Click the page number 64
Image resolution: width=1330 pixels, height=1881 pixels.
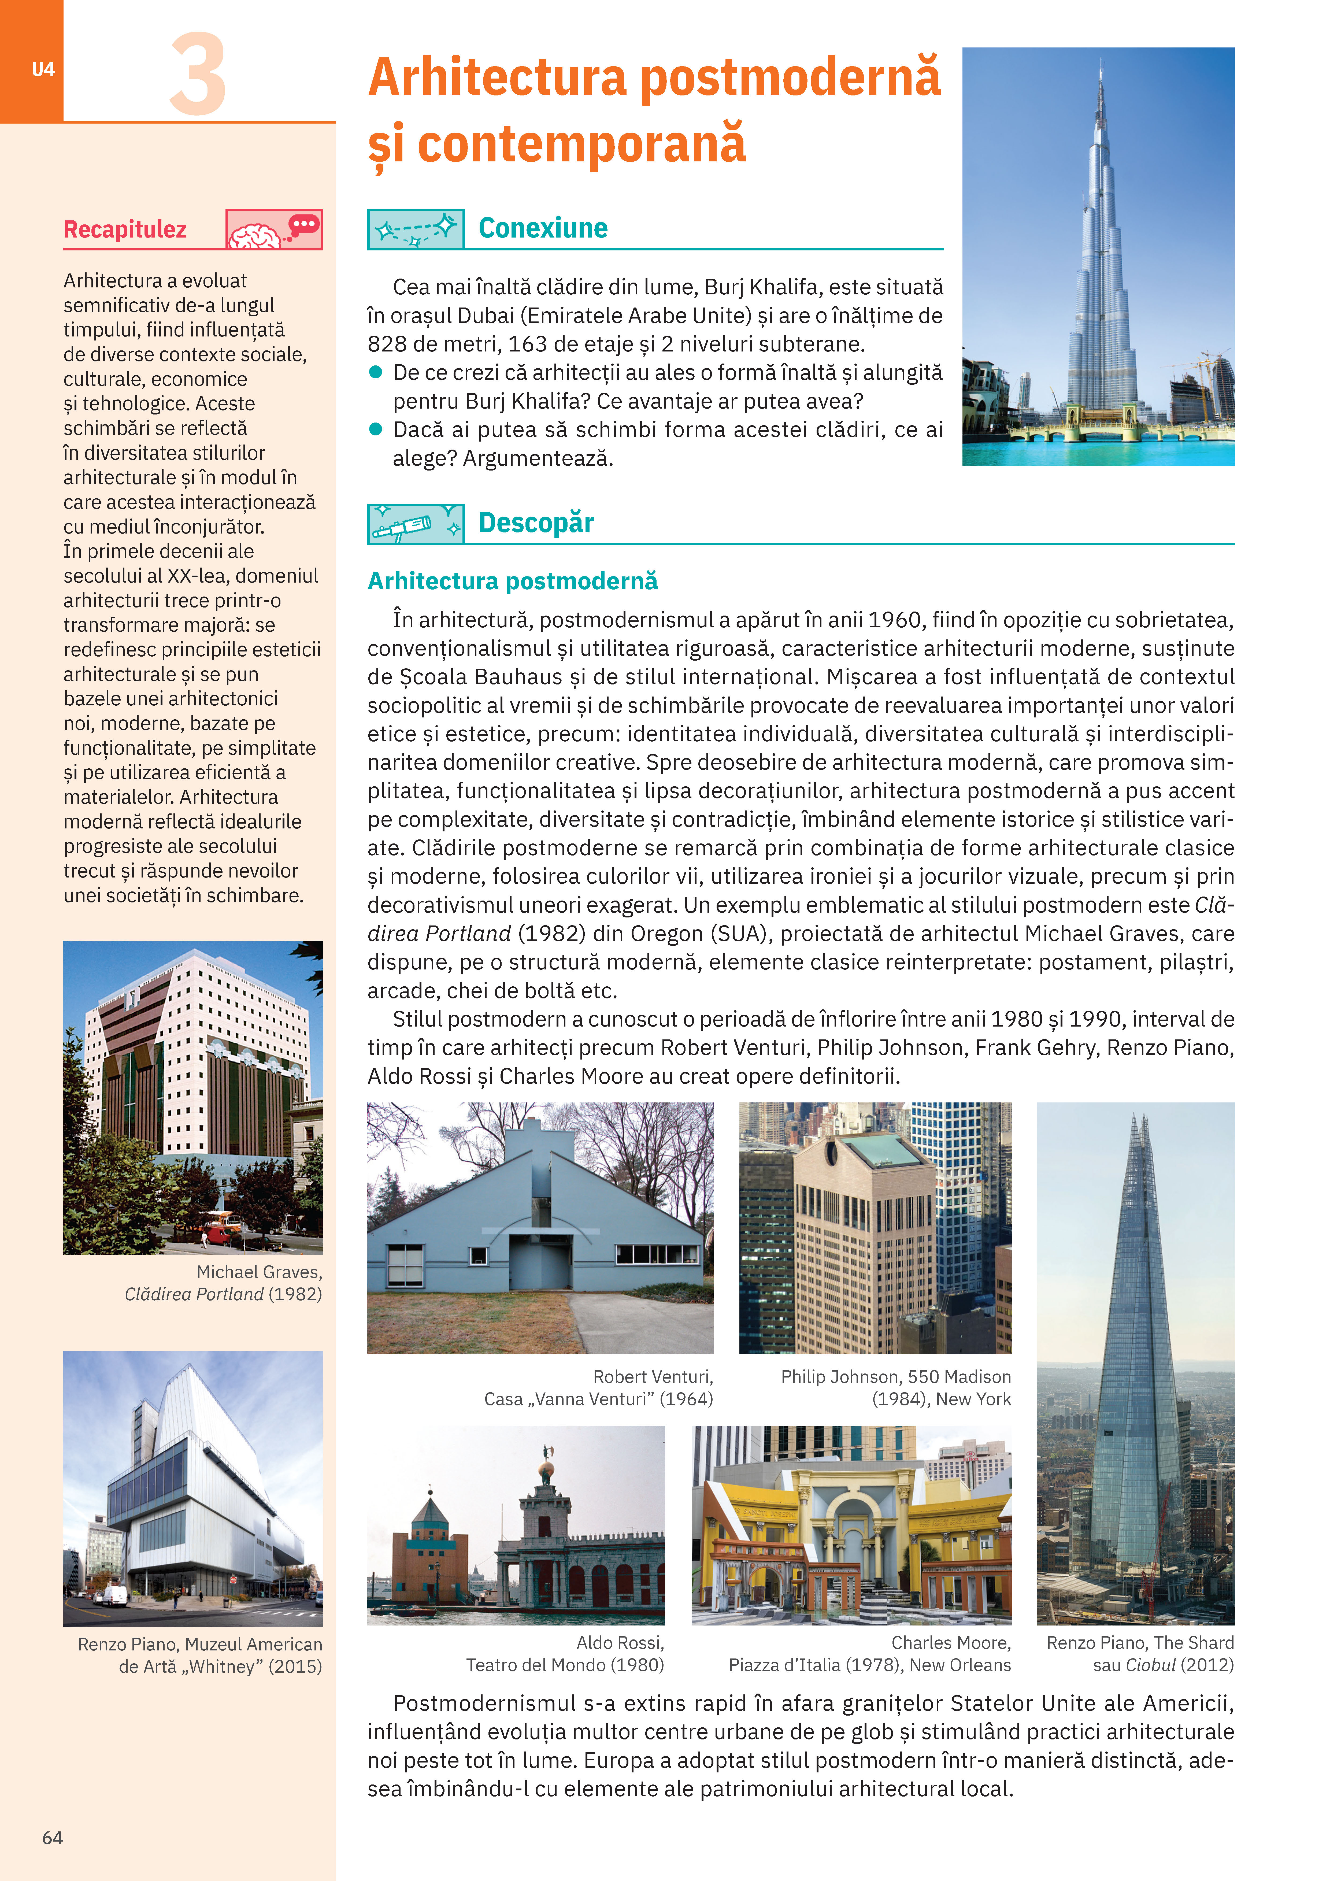click(53, 1838)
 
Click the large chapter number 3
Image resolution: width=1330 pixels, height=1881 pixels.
click(198, 75)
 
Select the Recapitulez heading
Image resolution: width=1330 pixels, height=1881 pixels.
click(125, 229)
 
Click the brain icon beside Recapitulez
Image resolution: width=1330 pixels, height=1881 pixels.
click(255, 236)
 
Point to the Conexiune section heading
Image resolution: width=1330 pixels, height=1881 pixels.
click(543, 228)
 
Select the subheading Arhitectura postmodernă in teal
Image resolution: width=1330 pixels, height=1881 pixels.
click(512, 581)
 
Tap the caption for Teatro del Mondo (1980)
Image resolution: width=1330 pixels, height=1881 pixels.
click(565, 1653)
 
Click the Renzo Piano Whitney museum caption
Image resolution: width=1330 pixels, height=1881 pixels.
click(200, 1655)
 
